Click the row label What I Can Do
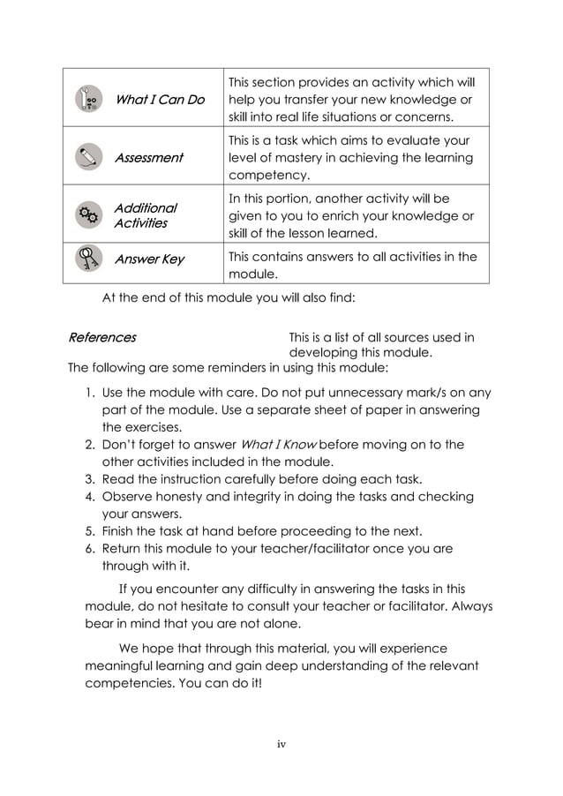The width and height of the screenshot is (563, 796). tap(160, 100)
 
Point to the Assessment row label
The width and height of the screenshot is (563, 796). tap(148, 158)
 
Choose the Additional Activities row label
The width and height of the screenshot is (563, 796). tap(145, 215)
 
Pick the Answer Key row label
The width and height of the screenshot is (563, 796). tap(149, 259)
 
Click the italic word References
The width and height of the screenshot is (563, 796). tap(102, 337)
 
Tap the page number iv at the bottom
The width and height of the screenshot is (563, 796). tap(281, 745)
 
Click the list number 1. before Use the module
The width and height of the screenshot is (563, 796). tap(90, 393)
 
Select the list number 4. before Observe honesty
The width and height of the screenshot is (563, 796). tap(90, 497)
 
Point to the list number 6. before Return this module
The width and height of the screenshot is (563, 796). tap(90, 549)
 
